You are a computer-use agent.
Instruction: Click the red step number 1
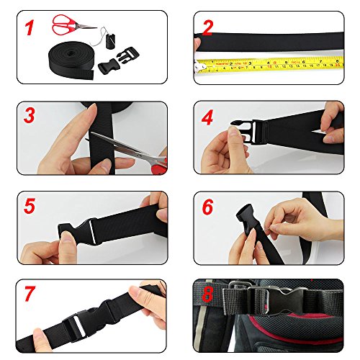30,30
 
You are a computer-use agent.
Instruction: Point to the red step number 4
207,117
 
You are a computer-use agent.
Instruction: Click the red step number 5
30,206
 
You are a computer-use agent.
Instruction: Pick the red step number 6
207,207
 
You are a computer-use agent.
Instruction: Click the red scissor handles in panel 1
63,26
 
